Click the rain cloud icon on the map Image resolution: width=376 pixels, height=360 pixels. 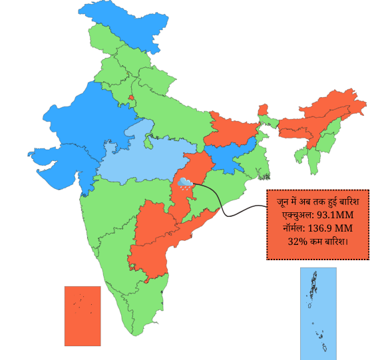click(x=186, y=182)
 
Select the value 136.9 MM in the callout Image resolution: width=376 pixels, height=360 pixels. click(x=327, y=228)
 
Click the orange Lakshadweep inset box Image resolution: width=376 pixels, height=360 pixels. click(x=83, y=316)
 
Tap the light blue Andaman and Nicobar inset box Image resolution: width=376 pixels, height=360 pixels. click(x=318, y=310)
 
